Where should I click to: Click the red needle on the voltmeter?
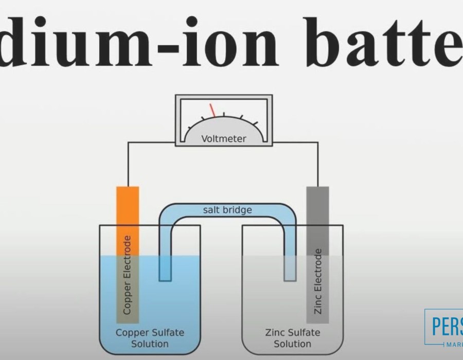[x=212, y=110]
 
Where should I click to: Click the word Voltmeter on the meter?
[x=224, y=138]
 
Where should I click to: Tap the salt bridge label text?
[x=227, y=209]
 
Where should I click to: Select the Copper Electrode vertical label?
[x=127, y=275]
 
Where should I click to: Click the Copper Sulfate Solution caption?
[x=149, y=338]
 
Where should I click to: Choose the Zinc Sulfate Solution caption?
[x=292, y=338]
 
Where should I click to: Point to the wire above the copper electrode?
[x=128, y=165]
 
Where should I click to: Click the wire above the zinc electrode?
[x=317, y=165]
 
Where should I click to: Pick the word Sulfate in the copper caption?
[x=166, y=332]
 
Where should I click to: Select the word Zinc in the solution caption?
[x=275, y=332]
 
